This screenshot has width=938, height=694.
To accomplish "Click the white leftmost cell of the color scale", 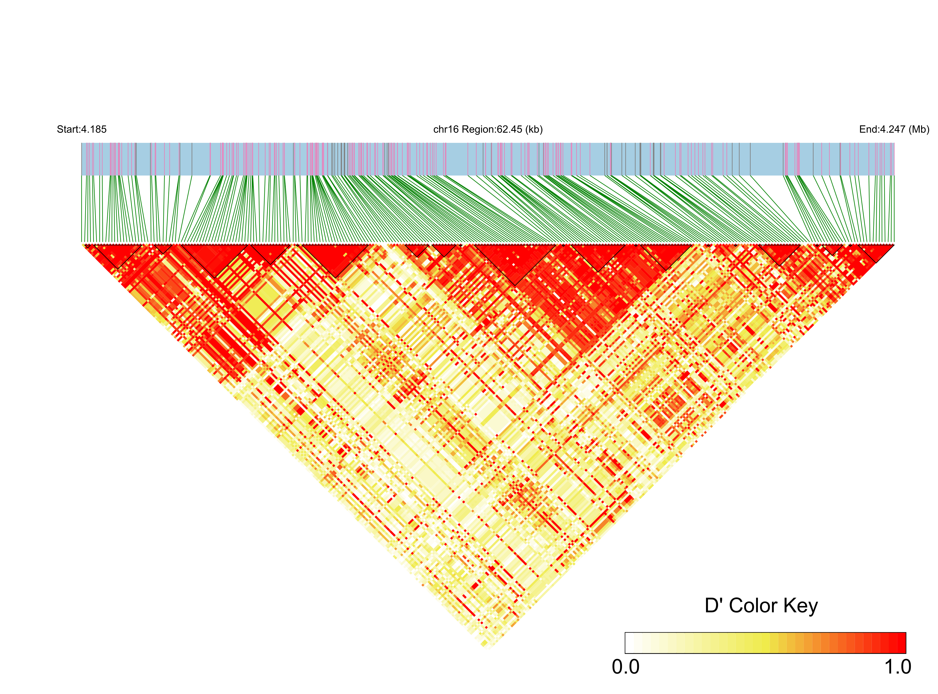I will click(629, 643).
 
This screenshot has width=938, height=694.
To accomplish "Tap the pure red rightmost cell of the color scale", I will click(901, 643).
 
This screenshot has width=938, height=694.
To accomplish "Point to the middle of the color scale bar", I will click(765, 643).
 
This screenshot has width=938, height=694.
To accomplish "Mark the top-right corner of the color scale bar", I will click(906, 633).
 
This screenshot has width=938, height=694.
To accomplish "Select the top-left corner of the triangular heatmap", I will click(82, 244).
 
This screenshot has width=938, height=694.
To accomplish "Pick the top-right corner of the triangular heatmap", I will click(894, 244).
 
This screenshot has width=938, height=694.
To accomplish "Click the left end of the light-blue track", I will click(82, 159).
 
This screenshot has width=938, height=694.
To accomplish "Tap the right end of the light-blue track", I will click(894, 159).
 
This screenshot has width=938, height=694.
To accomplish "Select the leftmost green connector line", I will click(82, 210).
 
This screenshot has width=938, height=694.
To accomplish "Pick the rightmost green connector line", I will click(894, 210).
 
